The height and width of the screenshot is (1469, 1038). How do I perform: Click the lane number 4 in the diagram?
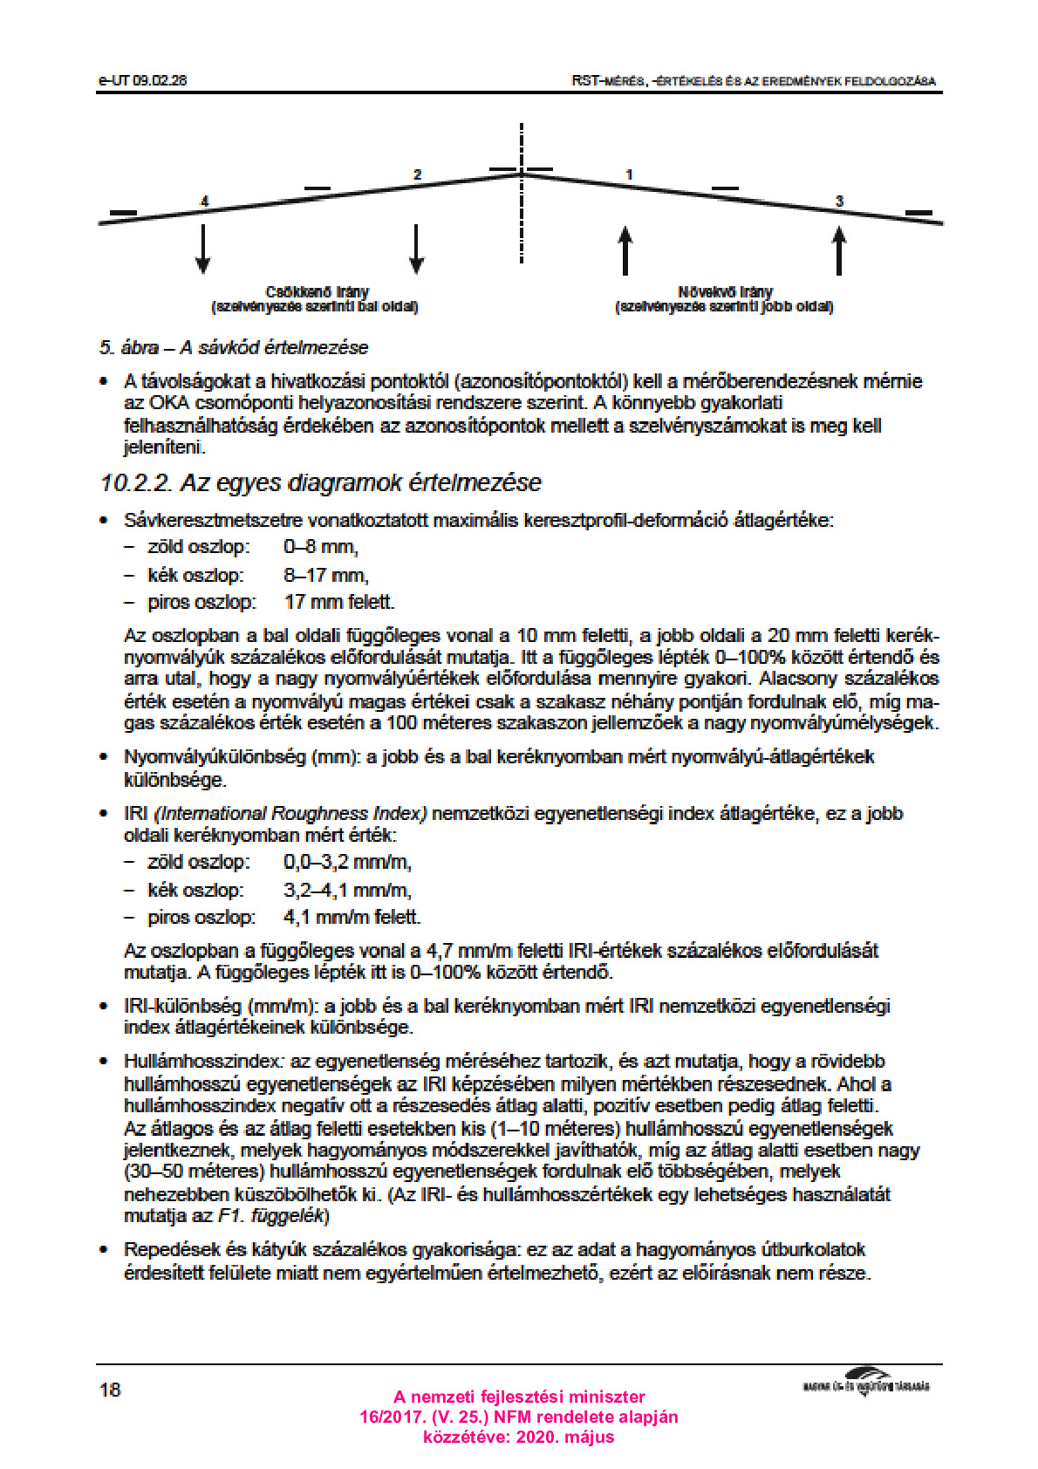[x=205, y=202]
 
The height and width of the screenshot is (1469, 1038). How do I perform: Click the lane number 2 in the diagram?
[x=417, y=174]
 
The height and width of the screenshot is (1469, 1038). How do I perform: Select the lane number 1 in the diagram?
[x=629, y=174]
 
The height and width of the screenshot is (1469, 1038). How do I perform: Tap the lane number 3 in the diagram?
[x=839, y=202]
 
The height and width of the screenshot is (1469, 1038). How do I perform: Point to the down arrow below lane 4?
[x=203, y=249]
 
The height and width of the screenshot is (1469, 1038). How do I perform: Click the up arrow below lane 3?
[x=839, y=250]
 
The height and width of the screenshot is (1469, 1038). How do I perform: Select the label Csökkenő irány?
[x=317, y=291]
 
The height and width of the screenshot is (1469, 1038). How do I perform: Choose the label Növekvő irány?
[x=725, y=291]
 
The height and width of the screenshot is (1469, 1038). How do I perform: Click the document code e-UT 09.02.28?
[x=143, y=80]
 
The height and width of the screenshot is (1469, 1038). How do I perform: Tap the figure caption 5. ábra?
[x=129, y=347]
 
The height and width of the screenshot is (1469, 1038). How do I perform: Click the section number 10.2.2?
[x=135, y=482]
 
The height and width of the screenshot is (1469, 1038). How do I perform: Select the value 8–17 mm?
[x=326, y=576]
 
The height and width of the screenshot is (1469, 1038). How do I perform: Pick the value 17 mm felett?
[x=339, y=602]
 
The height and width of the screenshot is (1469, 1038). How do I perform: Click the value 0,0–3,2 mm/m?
[x=347, y=862]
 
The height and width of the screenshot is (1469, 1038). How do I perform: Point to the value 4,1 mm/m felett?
[x=352, y=917]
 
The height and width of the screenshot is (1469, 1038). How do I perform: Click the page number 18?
[x=110, y=1390]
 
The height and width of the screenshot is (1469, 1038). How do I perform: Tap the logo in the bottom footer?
[x=866, y=1381]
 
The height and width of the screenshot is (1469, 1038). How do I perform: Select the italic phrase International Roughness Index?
[x=290, y=814]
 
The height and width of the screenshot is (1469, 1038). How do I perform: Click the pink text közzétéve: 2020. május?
[x=518, y=1437]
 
